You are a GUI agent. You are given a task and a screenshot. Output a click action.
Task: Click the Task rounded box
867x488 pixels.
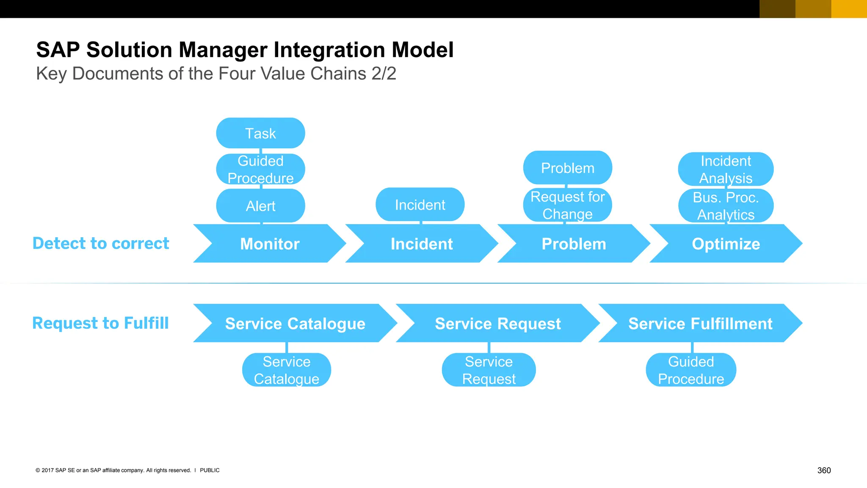pyautogui.click(x=260, y=133)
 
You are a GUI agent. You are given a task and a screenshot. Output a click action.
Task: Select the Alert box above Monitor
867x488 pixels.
pyautogui.click(x=260, y=206)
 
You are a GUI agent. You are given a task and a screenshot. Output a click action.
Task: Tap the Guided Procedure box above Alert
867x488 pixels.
pyautogui.click(x=260, y=169)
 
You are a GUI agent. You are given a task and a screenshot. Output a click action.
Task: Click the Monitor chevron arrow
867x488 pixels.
pyautogui.click(x=270, y=244)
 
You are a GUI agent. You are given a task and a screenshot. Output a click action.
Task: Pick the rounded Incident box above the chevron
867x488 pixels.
pyautogui.click(x=420, y=205)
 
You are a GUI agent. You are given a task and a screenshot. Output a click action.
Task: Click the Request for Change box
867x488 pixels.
pyautogui.click(x=567, y=205)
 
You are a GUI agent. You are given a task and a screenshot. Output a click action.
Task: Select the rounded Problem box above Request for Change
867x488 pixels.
pyautogui.click(x=567, y=168)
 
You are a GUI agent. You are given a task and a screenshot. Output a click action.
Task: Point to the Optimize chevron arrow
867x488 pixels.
pyautogui.click(x=726, y=244)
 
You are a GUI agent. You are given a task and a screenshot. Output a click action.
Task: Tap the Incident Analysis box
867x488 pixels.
pyautogui.click(x=726, y=169)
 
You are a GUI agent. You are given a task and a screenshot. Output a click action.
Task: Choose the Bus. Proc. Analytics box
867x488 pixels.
pyautogui.click(x=726, y=206)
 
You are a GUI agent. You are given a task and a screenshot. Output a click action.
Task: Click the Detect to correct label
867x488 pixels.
pyautogui.click(x=101, y=243)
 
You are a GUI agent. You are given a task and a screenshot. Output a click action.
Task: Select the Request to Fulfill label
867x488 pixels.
pyautogui.click(x=101, y=323)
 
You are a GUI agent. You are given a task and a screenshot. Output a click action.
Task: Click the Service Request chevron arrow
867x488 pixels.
pyautogui.click(x=497, y=323)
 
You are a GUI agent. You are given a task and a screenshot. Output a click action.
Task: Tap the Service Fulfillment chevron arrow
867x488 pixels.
pyautogui.click(x=700, y=323)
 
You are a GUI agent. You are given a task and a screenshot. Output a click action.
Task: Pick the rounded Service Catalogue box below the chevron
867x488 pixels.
pyautogui.click(x=287, y=370)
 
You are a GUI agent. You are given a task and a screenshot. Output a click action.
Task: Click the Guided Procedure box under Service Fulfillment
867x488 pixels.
pyautogui.click(x=691, y=370)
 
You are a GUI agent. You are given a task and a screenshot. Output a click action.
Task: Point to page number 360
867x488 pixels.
pyautogui.click(x=824, y=470)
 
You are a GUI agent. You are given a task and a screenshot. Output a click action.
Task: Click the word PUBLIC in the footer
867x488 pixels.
pyautogui.click(x=210, y=470)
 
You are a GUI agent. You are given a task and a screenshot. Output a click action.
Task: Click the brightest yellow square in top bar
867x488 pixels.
pyautogui.click(x=849, y=9)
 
